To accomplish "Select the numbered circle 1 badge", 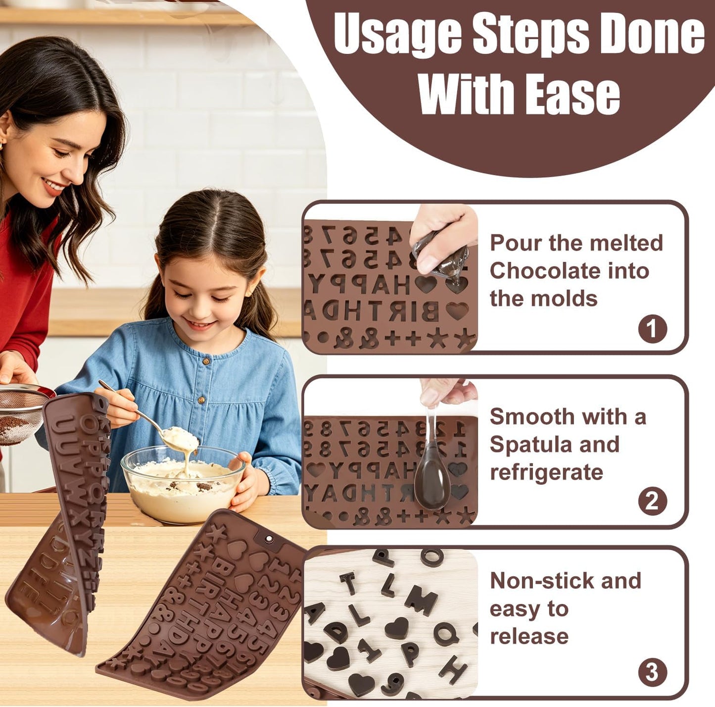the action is (653, 329).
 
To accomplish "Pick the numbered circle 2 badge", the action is (653, 501).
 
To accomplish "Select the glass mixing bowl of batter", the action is (183, 483).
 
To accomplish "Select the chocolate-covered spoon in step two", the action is (431, 468).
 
